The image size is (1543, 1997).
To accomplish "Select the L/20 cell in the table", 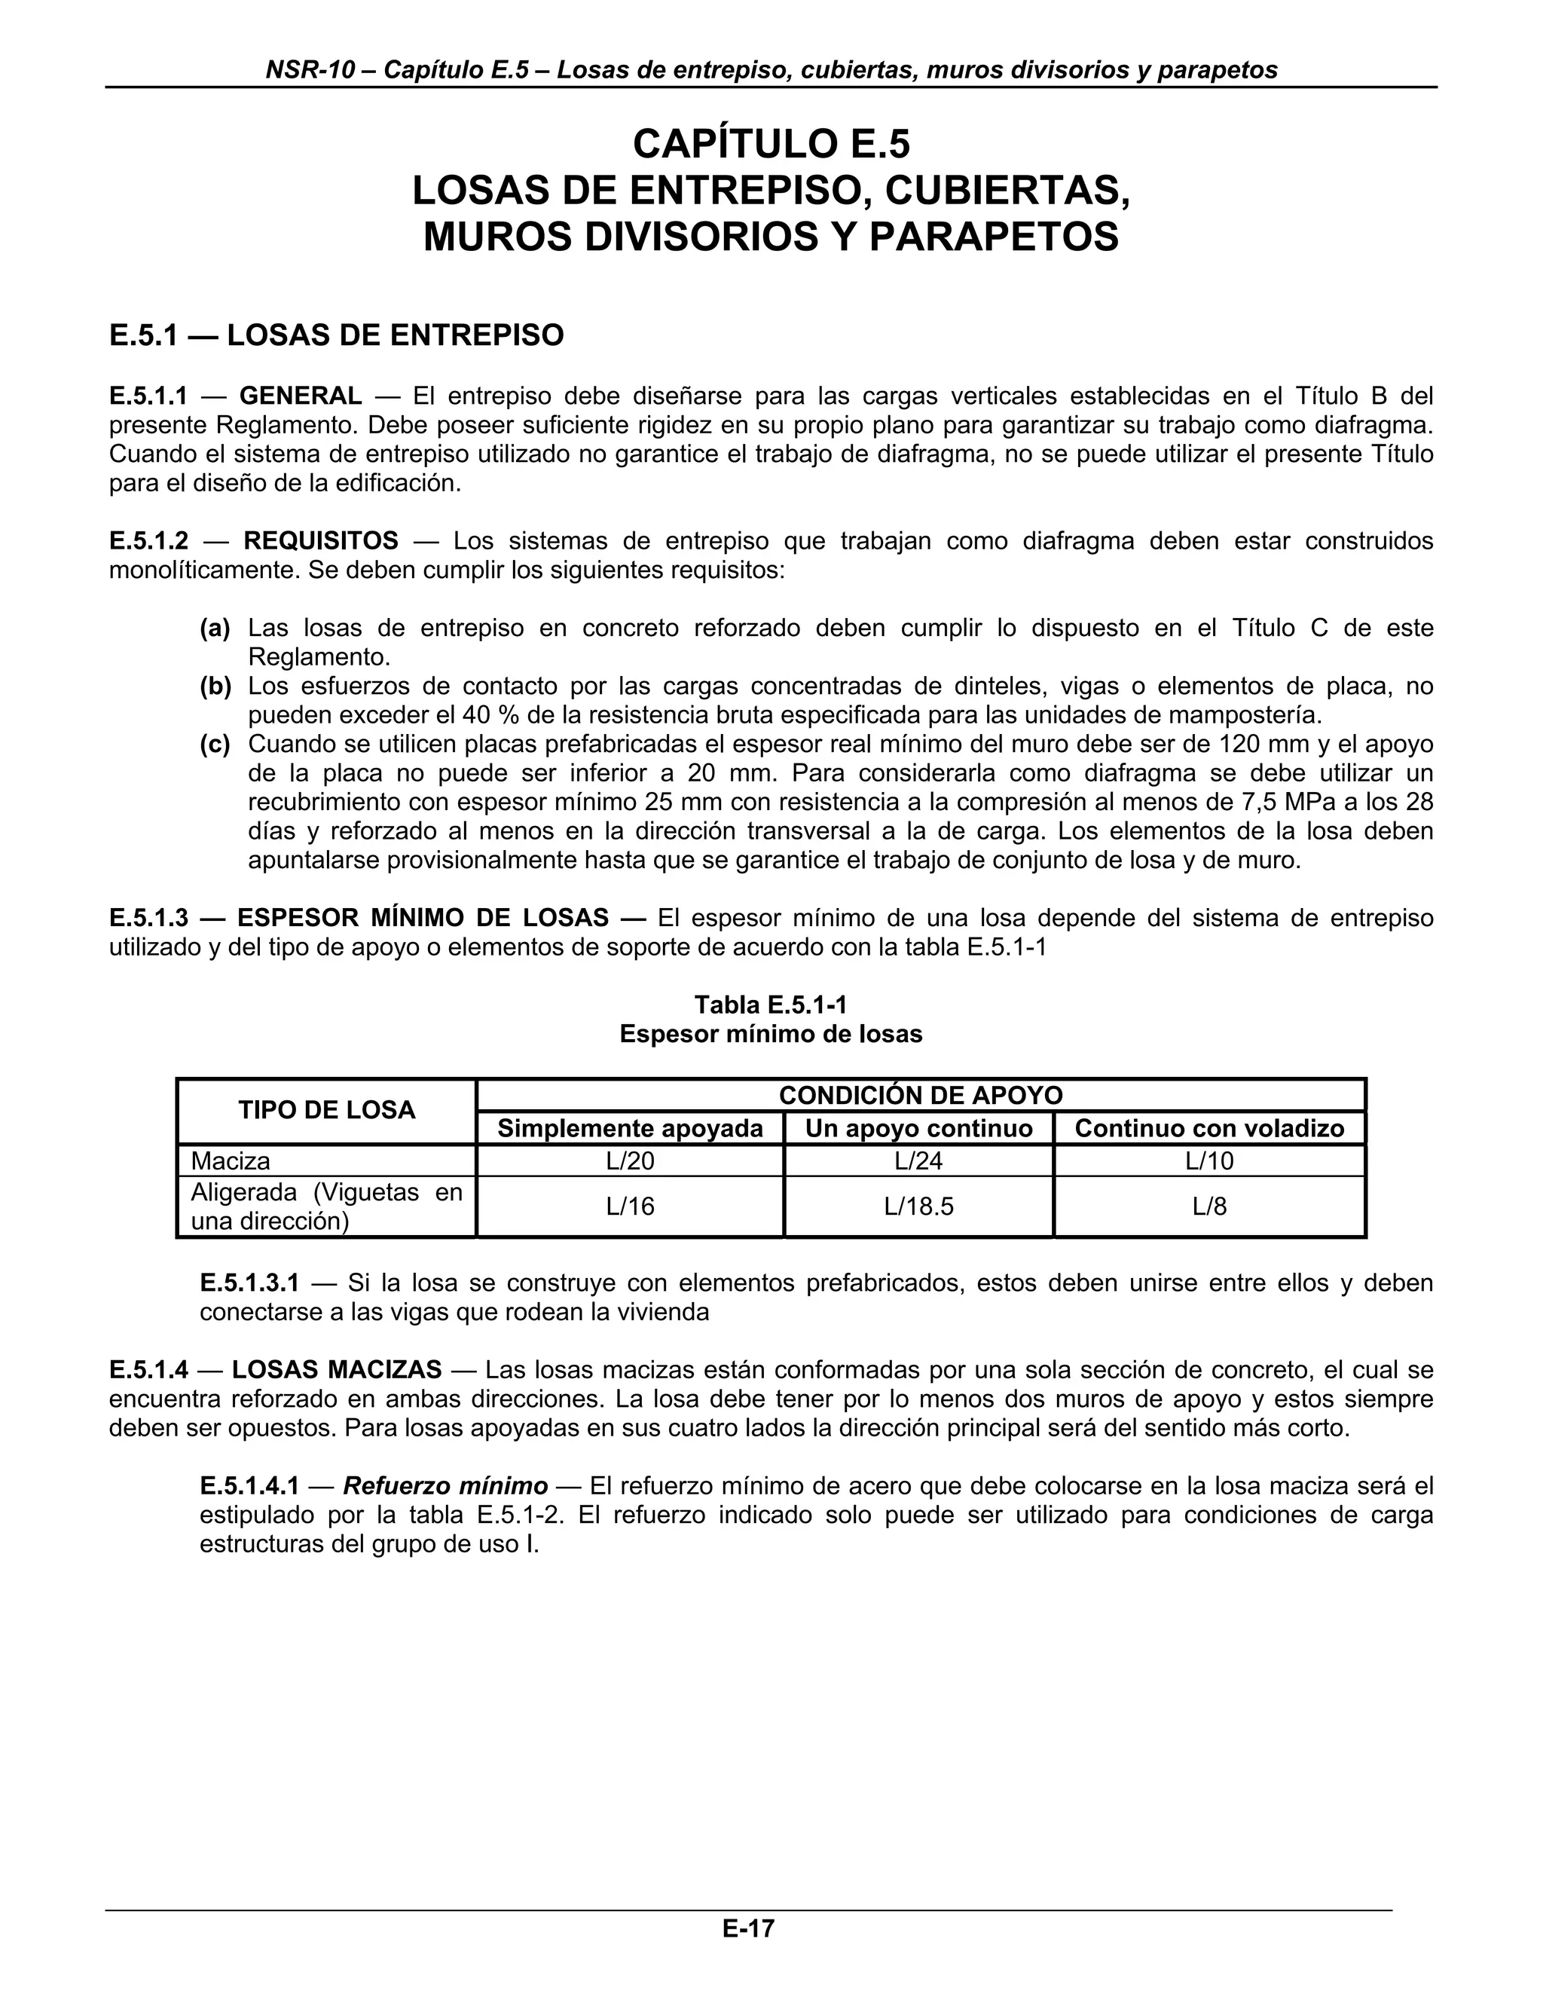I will (x=630, y=1161).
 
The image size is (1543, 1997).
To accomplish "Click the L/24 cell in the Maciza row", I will (x=918, y=1161).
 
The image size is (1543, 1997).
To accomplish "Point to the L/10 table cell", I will (x=1209, y=1161).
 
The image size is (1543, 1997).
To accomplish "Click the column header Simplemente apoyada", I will (x=630, y=1128).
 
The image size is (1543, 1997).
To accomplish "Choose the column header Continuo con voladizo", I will (x=1209, y=1128).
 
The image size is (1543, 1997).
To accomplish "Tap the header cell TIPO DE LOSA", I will (x=326, y=1110).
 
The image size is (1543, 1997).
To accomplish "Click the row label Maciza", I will (x=231, y=1161).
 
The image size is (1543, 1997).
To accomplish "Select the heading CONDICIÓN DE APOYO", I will (x=921, y=1096).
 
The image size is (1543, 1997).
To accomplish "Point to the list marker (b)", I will (x=215, y=686).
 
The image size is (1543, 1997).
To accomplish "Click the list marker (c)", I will (x=215, y=745).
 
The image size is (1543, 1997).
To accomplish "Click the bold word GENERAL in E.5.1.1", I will (x=301, y=396).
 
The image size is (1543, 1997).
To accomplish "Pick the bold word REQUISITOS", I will (x=321, y=541).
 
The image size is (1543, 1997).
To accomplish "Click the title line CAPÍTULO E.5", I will (x=771, y=145).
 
